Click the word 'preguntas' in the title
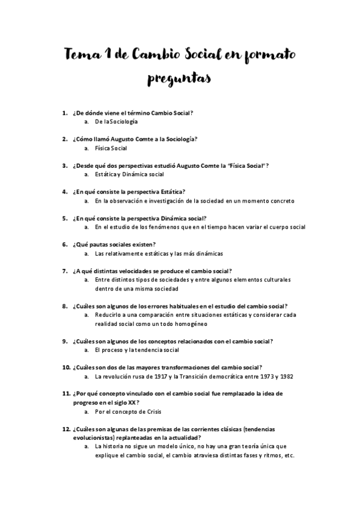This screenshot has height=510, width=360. click(x=180, y=80)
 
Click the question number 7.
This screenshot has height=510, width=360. click(x=64, y=271)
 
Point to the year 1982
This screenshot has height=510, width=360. click(x=285, y=376)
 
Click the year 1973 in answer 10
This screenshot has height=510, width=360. click(x=263, y=376)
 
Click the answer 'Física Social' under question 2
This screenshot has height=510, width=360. click(x=111, y=148)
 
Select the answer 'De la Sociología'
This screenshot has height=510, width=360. click(x=112, y=121)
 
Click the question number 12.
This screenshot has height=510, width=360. click(x=66, y=429)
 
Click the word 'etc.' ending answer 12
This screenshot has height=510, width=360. click(x=288, y=455)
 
